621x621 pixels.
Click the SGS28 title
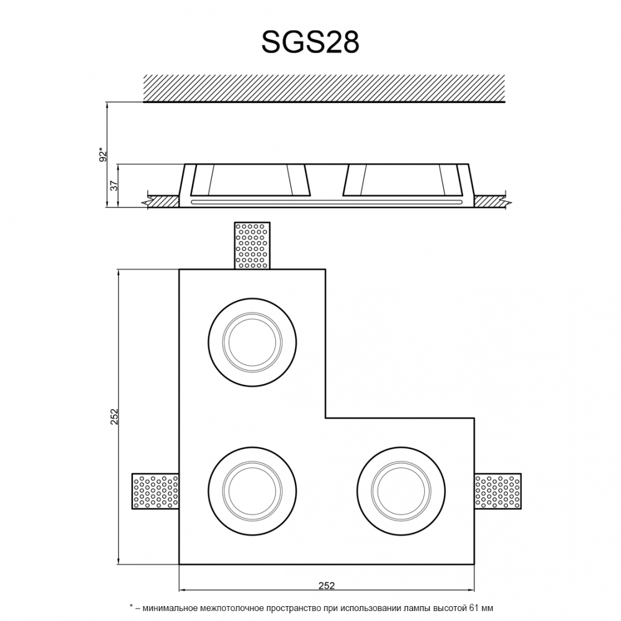pyautogui.click(x=310, y=42)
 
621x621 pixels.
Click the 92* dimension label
pyautogui.click(x=103, y=155)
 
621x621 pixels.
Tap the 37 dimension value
pyautogui.click(x=114, y=185)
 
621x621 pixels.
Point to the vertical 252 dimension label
pyautogui.click(x=114, y=417)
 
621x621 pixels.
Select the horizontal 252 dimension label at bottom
pyautogui.click(x=327, y=586)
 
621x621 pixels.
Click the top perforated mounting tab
pyautogui.click(x=252, y=245)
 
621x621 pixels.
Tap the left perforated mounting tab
pyautogui.click(x=155, y=491)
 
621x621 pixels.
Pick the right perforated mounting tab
pyautogui.click(x=498, y=491)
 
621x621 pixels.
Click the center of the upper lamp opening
pyautogui.click(x=252, y=342)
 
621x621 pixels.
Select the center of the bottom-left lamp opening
pyautogui.click(x=252, y=491)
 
